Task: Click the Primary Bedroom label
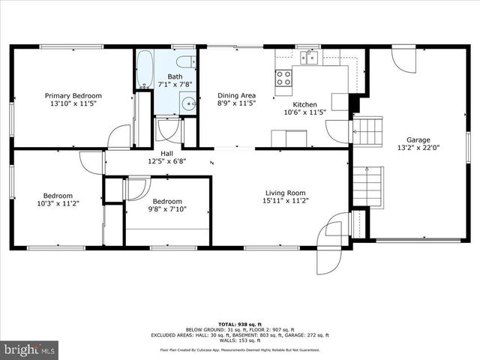(x=73, y=96)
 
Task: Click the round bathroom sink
(x=188, y=103)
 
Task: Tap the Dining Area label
(x=236, y=95)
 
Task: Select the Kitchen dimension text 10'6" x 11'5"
(x=304, y=112)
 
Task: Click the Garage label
(x=418, y=140)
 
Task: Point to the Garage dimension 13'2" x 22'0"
(x=418, y=148)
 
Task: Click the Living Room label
(x=285, y=193)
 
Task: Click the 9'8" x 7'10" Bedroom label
(x=166, y=201)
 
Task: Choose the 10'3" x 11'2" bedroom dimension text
(x=57, y=203)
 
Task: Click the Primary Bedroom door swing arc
(x=118, y=136)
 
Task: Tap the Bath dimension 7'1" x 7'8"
(x=174, y=85)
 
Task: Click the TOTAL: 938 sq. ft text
(x=239, y=323)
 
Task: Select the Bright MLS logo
(x=30, y=349)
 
